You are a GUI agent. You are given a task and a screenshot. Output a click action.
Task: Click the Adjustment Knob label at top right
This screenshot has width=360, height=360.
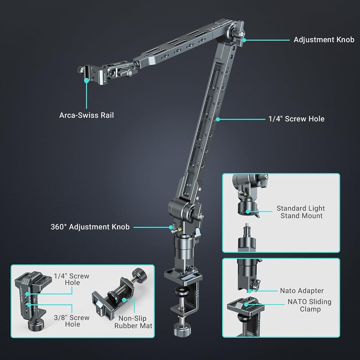324,40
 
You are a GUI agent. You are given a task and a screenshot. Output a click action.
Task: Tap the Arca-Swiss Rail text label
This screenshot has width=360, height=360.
86,115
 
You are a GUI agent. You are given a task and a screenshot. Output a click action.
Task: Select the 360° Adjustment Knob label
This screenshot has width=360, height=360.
90,227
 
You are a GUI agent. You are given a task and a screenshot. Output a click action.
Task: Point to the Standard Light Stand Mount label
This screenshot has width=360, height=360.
301,212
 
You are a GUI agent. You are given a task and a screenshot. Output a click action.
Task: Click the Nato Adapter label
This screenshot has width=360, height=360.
302,291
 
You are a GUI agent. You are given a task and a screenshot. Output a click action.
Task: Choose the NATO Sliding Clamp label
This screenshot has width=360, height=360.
310,305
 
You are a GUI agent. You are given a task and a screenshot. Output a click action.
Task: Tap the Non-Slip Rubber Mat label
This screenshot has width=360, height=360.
133,322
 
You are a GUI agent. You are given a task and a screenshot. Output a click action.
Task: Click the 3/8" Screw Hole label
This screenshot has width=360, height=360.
72,321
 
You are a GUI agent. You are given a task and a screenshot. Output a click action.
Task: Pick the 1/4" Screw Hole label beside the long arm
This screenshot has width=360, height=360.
296,119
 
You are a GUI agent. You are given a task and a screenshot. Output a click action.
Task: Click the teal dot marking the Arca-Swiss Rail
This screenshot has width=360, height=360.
86,80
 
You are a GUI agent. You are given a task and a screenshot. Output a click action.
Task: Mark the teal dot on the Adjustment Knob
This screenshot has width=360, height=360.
244,40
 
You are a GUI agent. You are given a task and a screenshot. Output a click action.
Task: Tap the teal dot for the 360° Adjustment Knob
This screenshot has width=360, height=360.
171,227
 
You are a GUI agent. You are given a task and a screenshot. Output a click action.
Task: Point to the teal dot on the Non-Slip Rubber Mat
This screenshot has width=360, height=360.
124,300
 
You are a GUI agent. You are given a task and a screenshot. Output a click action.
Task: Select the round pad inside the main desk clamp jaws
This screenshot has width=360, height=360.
182,291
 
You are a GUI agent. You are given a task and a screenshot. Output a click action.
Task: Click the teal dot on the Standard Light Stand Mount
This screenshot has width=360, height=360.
248,211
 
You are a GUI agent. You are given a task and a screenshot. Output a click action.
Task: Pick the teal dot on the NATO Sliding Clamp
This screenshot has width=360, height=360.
246,305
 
